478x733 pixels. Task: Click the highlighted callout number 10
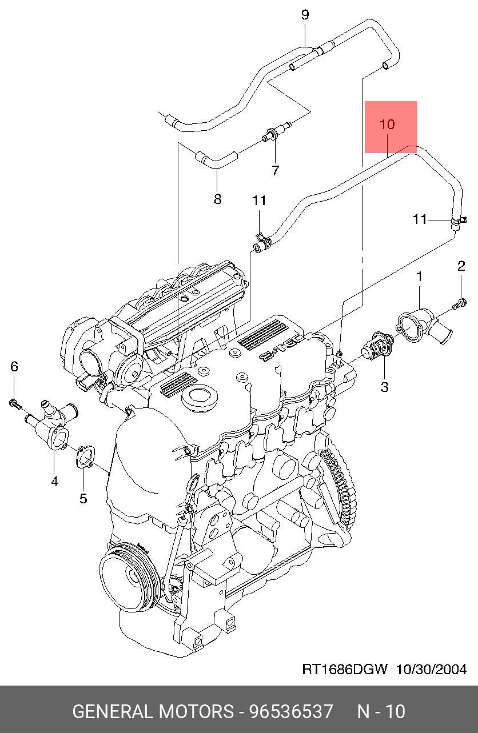(387, 125)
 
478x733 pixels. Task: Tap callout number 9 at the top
(305, 15)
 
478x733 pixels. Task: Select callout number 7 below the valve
(276, 170)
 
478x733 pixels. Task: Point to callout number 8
(218, 199)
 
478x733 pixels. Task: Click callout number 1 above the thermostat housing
(420, 277)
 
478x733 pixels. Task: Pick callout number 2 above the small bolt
(461, 266)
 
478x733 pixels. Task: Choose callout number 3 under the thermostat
(384, 387)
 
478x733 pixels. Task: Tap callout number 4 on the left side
(54, 482)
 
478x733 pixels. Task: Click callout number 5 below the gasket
(83, 498)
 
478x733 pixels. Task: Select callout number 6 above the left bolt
(14, 367)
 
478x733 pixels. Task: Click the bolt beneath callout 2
(459, 304)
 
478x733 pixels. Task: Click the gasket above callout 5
(85, 457)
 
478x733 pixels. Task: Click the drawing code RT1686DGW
(344, 670)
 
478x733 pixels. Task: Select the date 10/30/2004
(432, 670)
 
